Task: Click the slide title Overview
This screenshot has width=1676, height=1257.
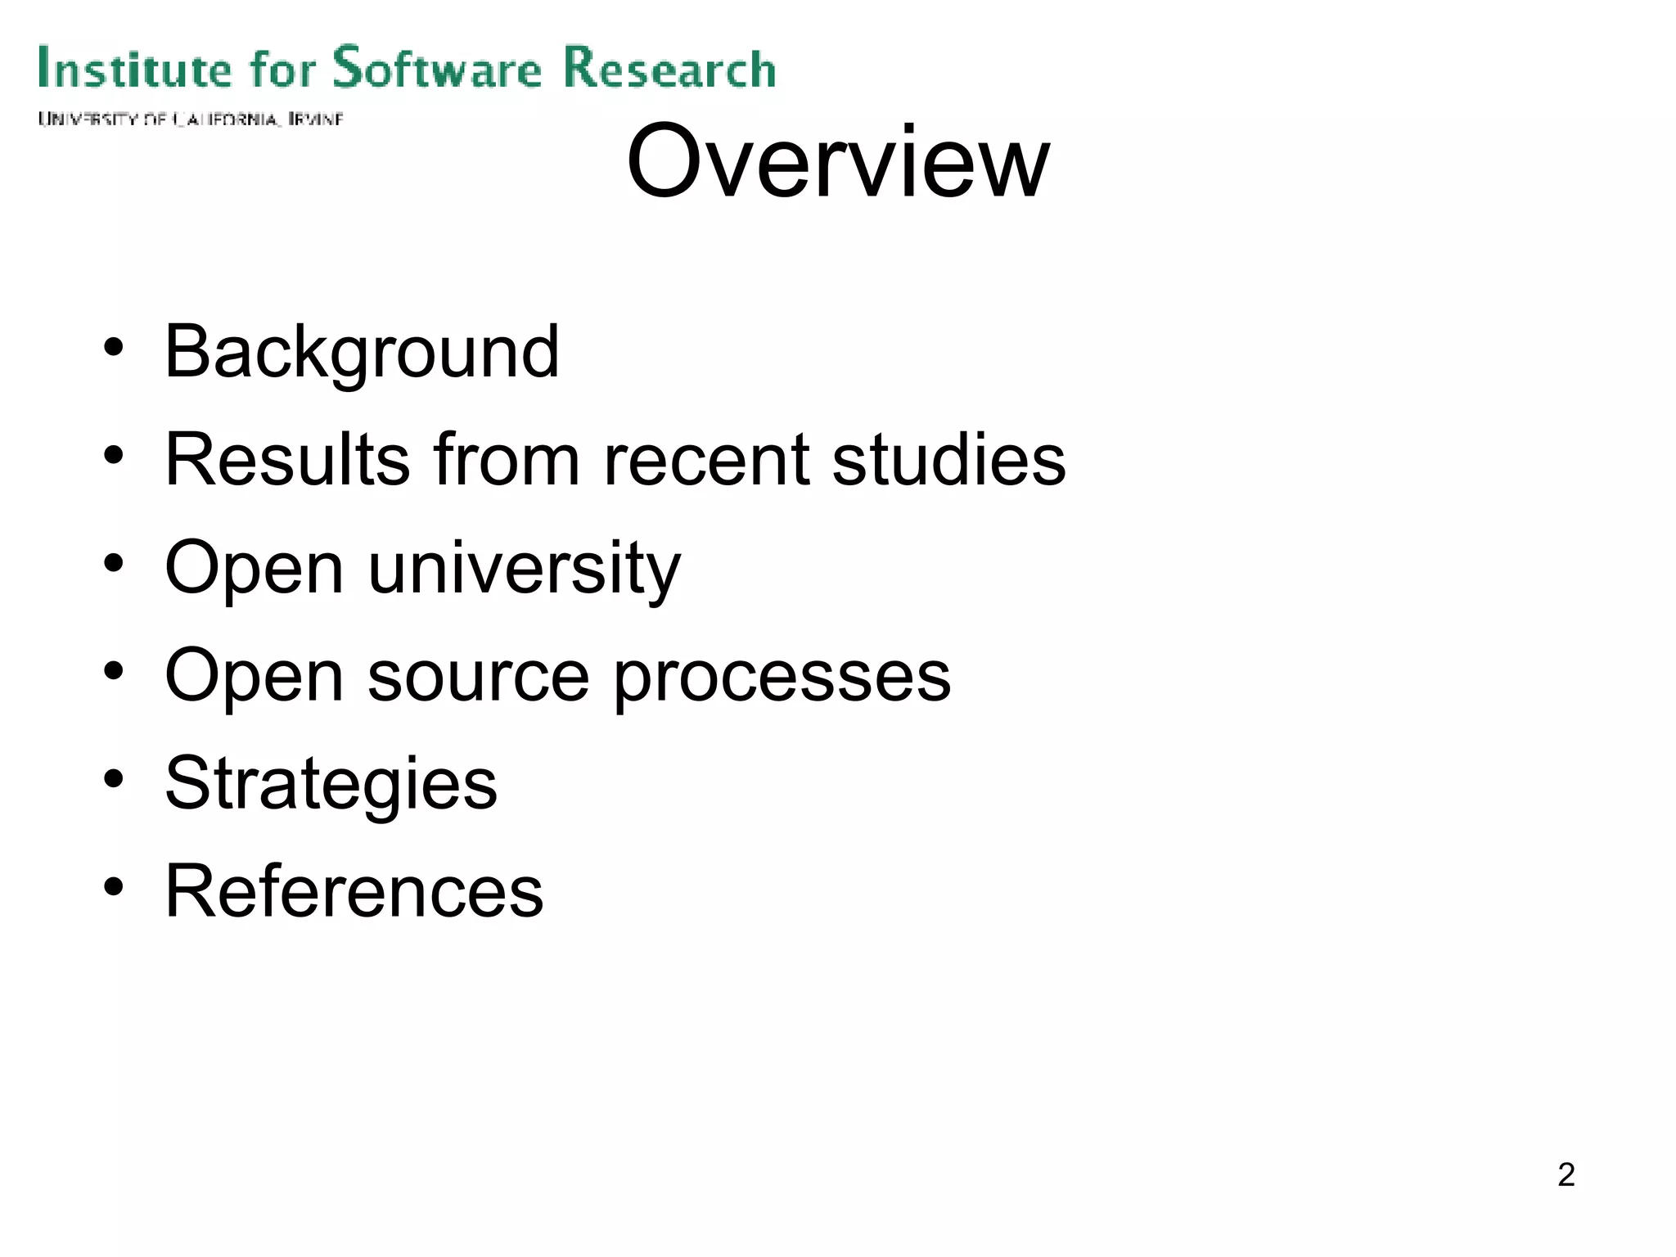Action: point(837,161)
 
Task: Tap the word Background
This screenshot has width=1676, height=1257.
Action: point(362,352)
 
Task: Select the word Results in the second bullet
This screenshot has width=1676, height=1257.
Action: point(286,460)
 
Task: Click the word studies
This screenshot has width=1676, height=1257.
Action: point(948,460)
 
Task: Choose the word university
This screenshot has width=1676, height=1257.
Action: point(524,569)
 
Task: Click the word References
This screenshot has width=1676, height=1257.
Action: point(354,891)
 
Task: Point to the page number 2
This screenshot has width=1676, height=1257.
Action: point(1566,1174)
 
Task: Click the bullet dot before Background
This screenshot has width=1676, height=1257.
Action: point(114,347)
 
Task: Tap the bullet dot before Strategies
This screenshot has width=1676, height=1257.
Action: point(114,778)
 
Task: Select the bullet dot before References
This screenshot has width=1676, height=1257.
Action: point(114,886)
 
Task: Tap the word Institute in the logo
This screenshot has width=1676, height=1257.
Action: point(135,67)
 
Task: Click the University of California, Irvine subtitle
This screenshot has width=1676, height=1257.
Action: point(190,119)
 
